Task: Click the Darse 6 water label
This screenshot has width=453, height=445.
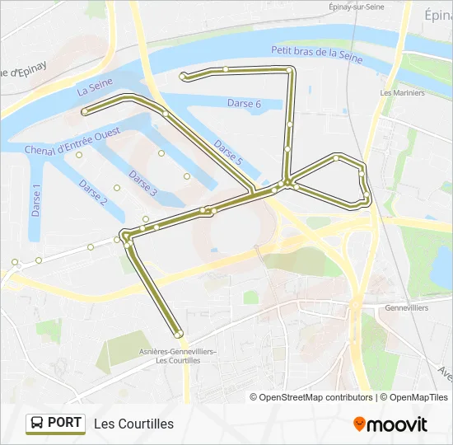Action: tap(244, 103)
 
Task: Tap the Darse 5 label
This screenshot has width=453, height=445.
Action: tap(227, 152)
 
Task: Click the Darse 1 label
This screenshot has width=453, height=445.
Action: tap(36, 200)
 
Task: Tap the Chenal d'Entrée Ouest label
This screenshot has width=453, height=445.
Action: tap(72, 141)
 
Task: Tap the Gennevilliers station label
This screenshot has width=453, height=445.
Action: tap(406, 307)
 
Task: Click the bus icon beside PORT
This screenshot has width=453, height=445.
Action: tap(37, 424)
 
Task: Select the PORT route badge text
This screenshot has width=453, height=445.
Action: tap(64, 424)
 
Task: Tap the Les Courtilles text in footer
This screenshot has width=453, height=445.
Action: tap(134, 424)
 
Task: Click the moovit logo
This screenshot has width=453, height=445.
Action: tap(390, 424)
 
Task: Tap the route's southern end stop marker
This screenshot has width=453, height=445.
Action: tap(178, 334)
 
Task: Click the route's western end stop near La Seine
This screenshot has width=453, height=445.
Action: tap(84, 110)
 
